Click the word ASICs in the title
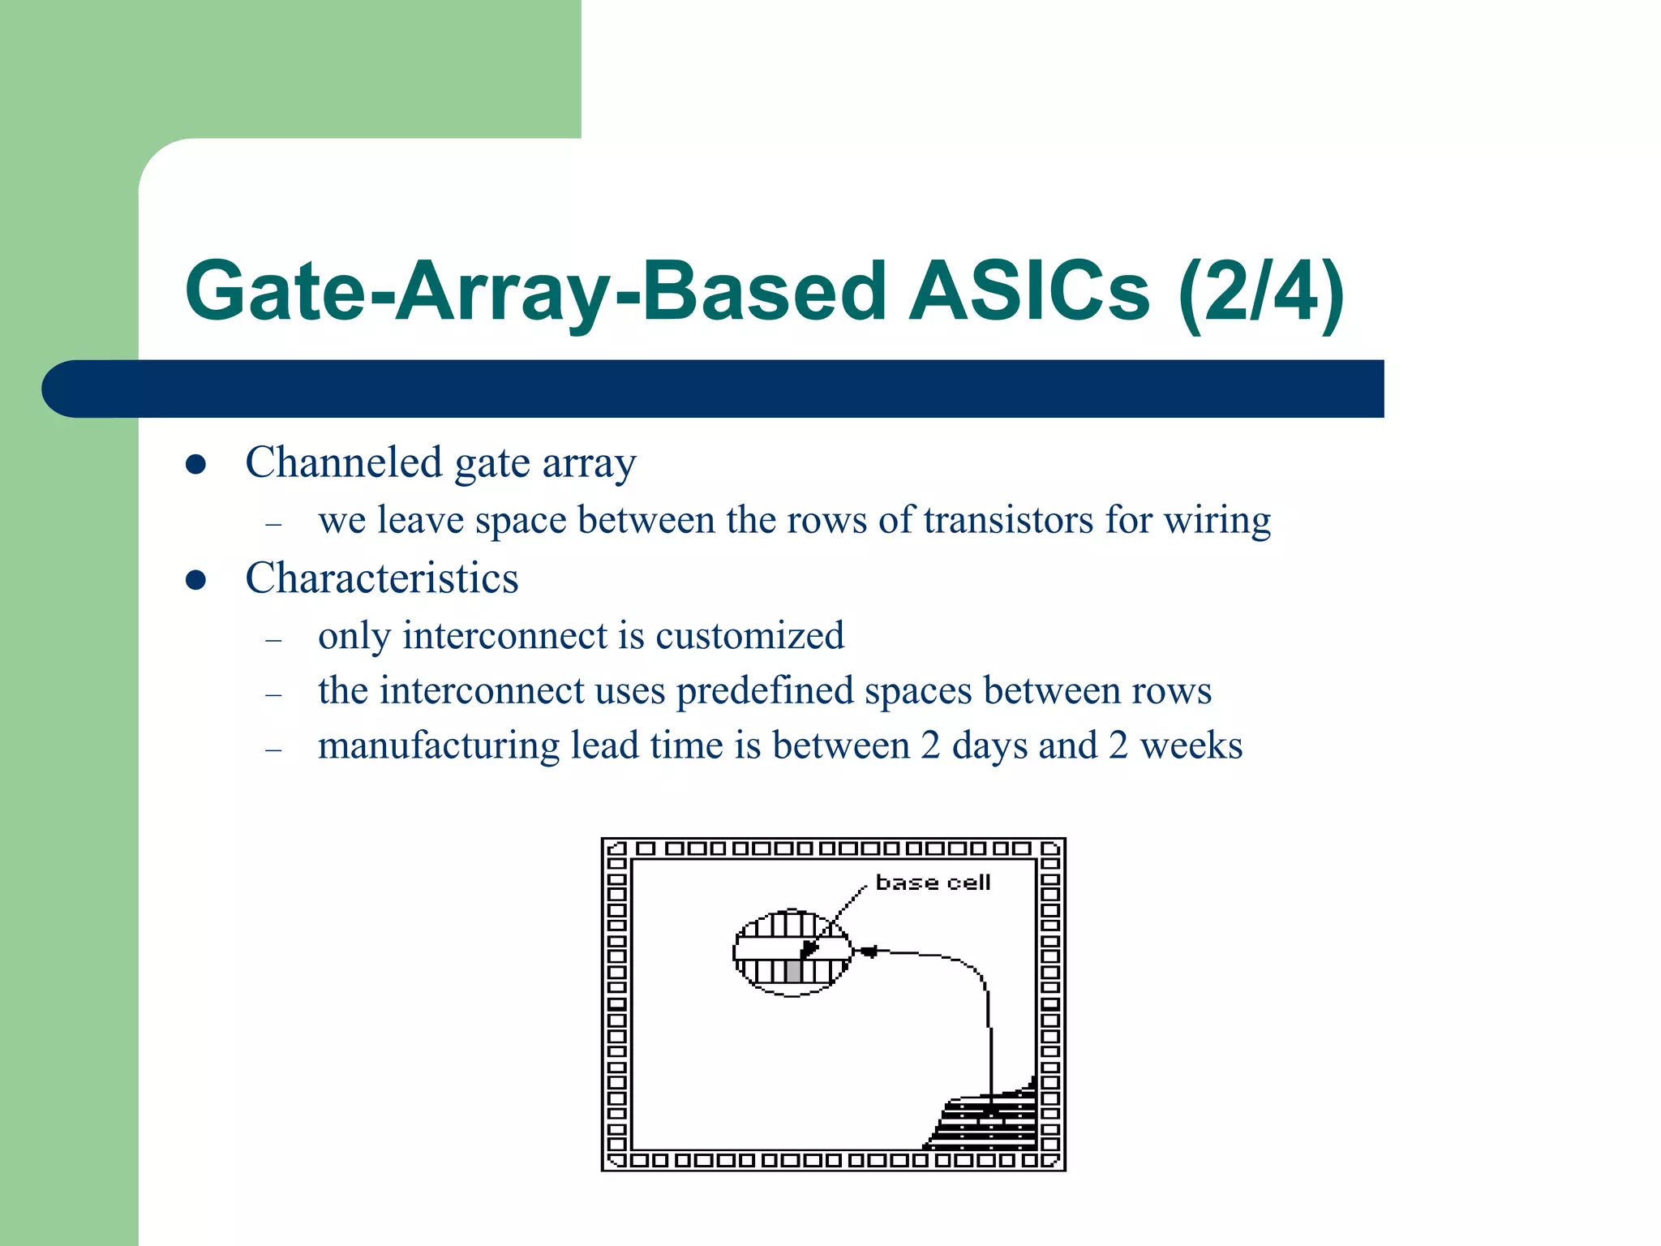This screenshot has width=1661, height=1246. tap(1028, 291)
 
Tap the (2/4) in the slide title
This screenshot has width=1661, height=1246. tap(1262, 291)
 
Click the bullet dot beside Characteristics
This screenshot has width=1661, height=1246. tap(195, 580)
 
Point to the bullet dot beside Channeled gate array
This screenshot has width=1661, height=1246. tap(195, 464)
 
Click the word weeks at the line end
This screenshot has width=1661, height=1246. tap(1191, 745)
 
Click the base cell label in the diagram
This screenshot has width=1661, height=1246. tap(933, 883)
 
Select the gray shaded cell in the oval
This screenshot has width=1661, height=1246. tap(793, 971)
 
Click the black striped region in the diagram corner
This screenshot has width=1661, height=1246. tap(985, 1124)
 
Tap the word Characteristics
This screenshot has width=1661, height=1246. tap(381, 578)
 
